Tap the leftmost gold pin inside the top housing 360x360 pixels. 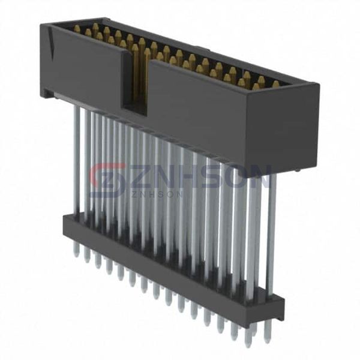click(x=77, y=29)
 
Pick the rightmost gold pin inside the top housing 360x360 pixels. click(x=275, y=85)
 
